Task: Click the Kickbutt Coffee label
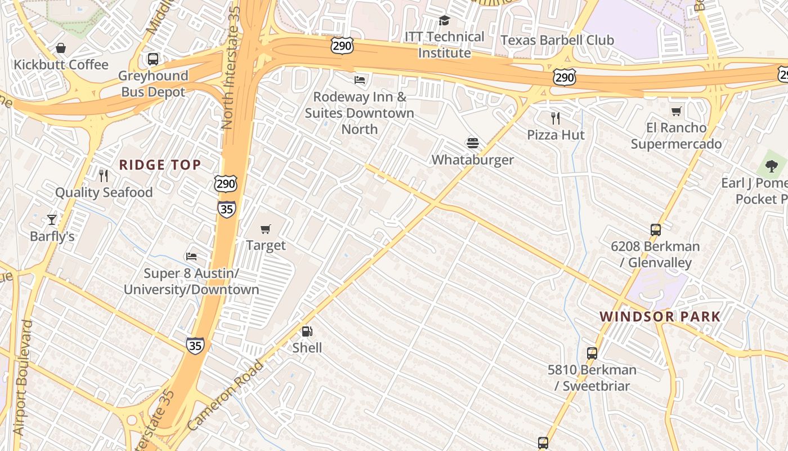(x=61, y=65)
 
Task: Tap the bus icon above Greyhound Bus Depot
(x=153, y=59)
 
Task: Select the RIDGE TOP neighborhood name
(x=160, y=165)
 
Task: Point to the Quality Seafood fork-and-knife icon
(x=103, y=176)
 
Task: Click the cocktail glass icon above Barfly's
(x=52, y=219)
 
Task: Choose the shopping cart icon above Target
(x=266, y=229)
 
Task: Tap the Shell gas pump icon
(x=307, y=331)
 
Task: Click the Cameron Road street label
(x=225, y=396)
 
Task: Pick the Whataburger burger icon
(x=472, y=143)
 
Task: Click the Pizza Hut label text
(x=556, y=135)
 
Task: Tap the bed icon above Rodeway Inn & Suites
(x=360, y=79)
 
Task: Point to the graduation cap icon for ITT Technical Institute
(x=444, y=21)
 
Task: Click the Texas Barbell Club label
(x=557, y=40)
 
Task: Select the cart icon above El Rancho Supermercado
(x=676, y=111)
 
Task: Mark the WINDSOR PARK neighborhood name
(x=660, y=317)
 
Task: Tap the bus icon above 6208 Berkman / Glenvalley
(x=655, y=230)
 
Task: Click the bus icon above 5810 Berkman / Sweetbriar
(x=592, y=353)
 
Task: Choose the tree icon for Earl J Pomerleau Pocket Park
(x=771, y=166)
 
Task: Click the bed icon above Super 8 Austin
(x=191, y=257)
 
